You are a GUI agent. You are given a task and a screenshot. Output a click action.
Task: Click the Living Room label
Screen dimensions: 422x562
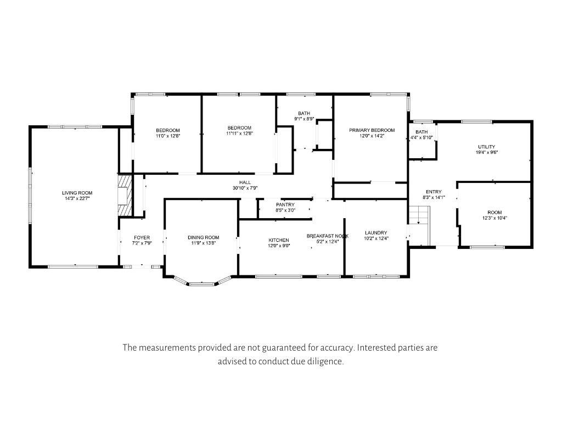point(77,193)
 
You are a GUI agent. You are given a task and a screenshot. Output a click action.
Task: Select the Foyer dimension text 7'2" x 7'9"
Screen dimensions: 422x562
point(142,243)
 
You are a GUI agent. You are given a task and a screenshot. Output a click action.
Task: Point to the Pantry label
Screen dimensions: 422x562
point(285,204)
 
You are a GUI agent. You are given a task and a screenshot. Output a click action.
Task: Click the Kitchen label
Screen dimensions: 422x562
point(278,240)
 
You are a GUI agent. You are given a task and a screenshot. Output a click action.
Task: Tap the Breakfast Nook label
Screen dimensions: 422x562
point(327,236)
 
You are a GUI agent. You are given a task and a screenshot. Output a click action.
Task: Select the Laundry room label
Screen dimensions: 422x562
point(375,232)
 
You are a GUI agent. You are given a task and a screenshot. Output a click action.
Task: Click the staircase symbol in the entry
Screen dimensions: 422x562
point(419,220)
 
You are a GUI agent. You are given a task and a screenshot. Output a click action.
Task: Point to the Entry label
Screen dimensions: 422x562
point(433,192)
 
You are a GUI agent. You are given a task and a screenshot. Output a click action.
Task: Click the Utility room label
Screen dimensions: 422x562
point(486,147)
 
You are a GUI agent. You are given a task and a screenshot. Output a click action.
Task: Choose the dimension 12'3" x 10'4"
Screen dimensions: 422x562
point(494,218)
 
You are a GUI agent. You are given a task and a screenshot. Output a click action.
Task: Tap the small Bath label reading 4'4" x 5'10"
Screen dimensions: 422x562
point(421,137)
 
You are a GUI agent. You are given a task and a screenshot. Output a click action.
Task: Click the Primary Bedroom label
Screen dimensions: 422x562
point(372,130)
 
